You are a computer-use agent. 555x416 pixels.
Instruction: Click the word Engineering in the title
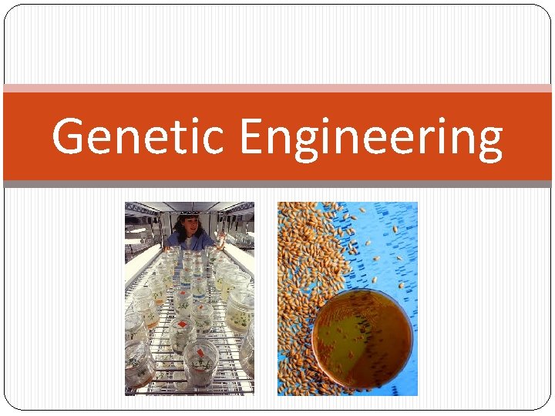click(371, 137)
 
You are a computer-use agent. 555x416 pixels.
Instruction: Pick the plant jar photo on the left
click(190, 299)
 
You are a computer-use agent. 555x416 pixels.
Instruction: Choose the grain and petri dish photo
click(347, 299)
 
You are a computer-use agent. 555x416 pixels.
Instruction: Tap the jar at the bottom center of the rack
click(200, 362)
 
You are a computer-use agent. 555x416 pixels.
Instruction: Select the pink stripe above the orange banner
click(277, 89)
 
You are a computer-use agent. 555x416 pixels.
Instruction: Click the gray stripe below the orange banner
click(277, 184)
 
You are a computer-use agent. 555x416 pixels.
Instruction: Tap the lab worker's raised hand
click(220, 238)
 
